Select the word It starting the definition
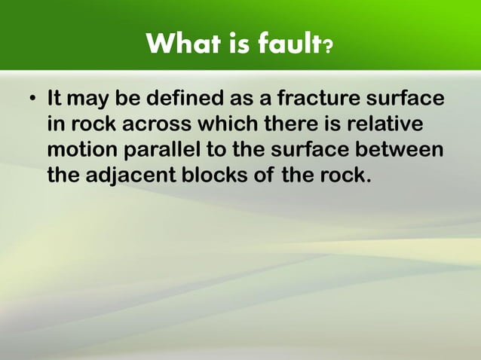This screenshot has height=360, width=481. pyautogui.click(x=54, y=99)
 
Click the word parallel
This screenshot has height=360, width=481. pyautogui.click(x=159, y=151)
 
